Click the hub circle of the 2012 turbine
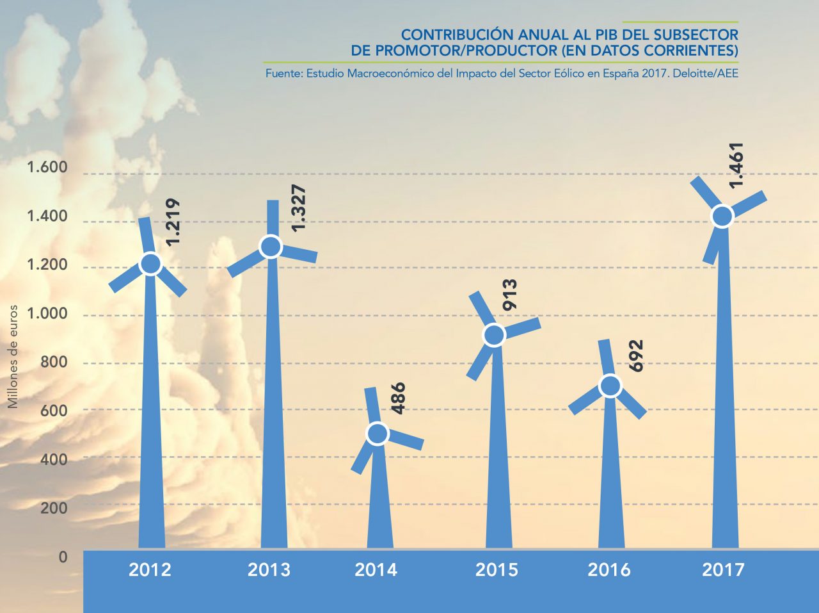pyautogui.click(x=150, y=264)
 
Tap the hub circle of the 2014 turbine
pyautogui.click(x=378, y=434)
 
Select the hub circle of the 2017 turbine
pyautogui.click(x=722, y=217)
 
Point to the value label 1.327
pyautogui.click(x=298, y=208)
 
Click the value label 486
pyautogui.click(x=397, y=398)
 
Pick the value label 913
pyautogui.click(x=510, y=295)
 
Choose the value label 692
pyautogui.click(x=635, y=356)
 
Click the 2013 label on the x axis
pyautogui.click(x=269, y=569)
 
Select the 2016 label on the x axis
pyautogui.click(x=608, y=569)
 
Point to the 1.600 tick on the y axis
pyautogui.click(x=47, y=168)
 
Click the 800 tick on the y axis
pyautogui.click(x=54, y=362)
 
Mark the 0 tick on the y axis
pyautogui.click(x=63, y=557)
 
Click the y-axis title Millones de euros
pyautogui.click(x=13, y=356)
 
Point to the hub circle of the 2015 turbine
pyautogui.click(x=494, y=335)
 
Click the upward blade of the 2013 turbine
pyautogui.click(x=273, y=218)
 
